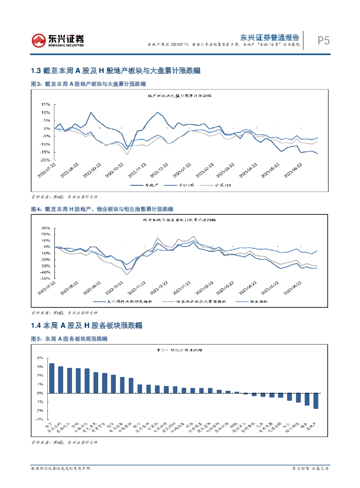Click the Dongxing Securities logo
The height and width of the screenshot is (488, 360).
click(58, 40)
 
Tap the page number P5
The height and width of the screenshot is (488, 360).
click(323, 41)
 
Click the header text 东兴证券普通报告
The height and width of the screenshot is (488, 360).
click(269, 37)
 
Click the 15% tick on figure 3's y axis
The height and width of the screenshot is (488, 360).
click(46, 104)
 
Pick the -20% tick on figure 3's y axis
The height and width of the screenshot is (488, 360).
click(45, 160)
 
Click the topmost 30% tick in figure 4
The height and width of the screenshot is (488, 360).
click(46, 228)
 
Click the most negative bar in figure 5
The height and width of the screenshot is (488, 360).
click(316, 401)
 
